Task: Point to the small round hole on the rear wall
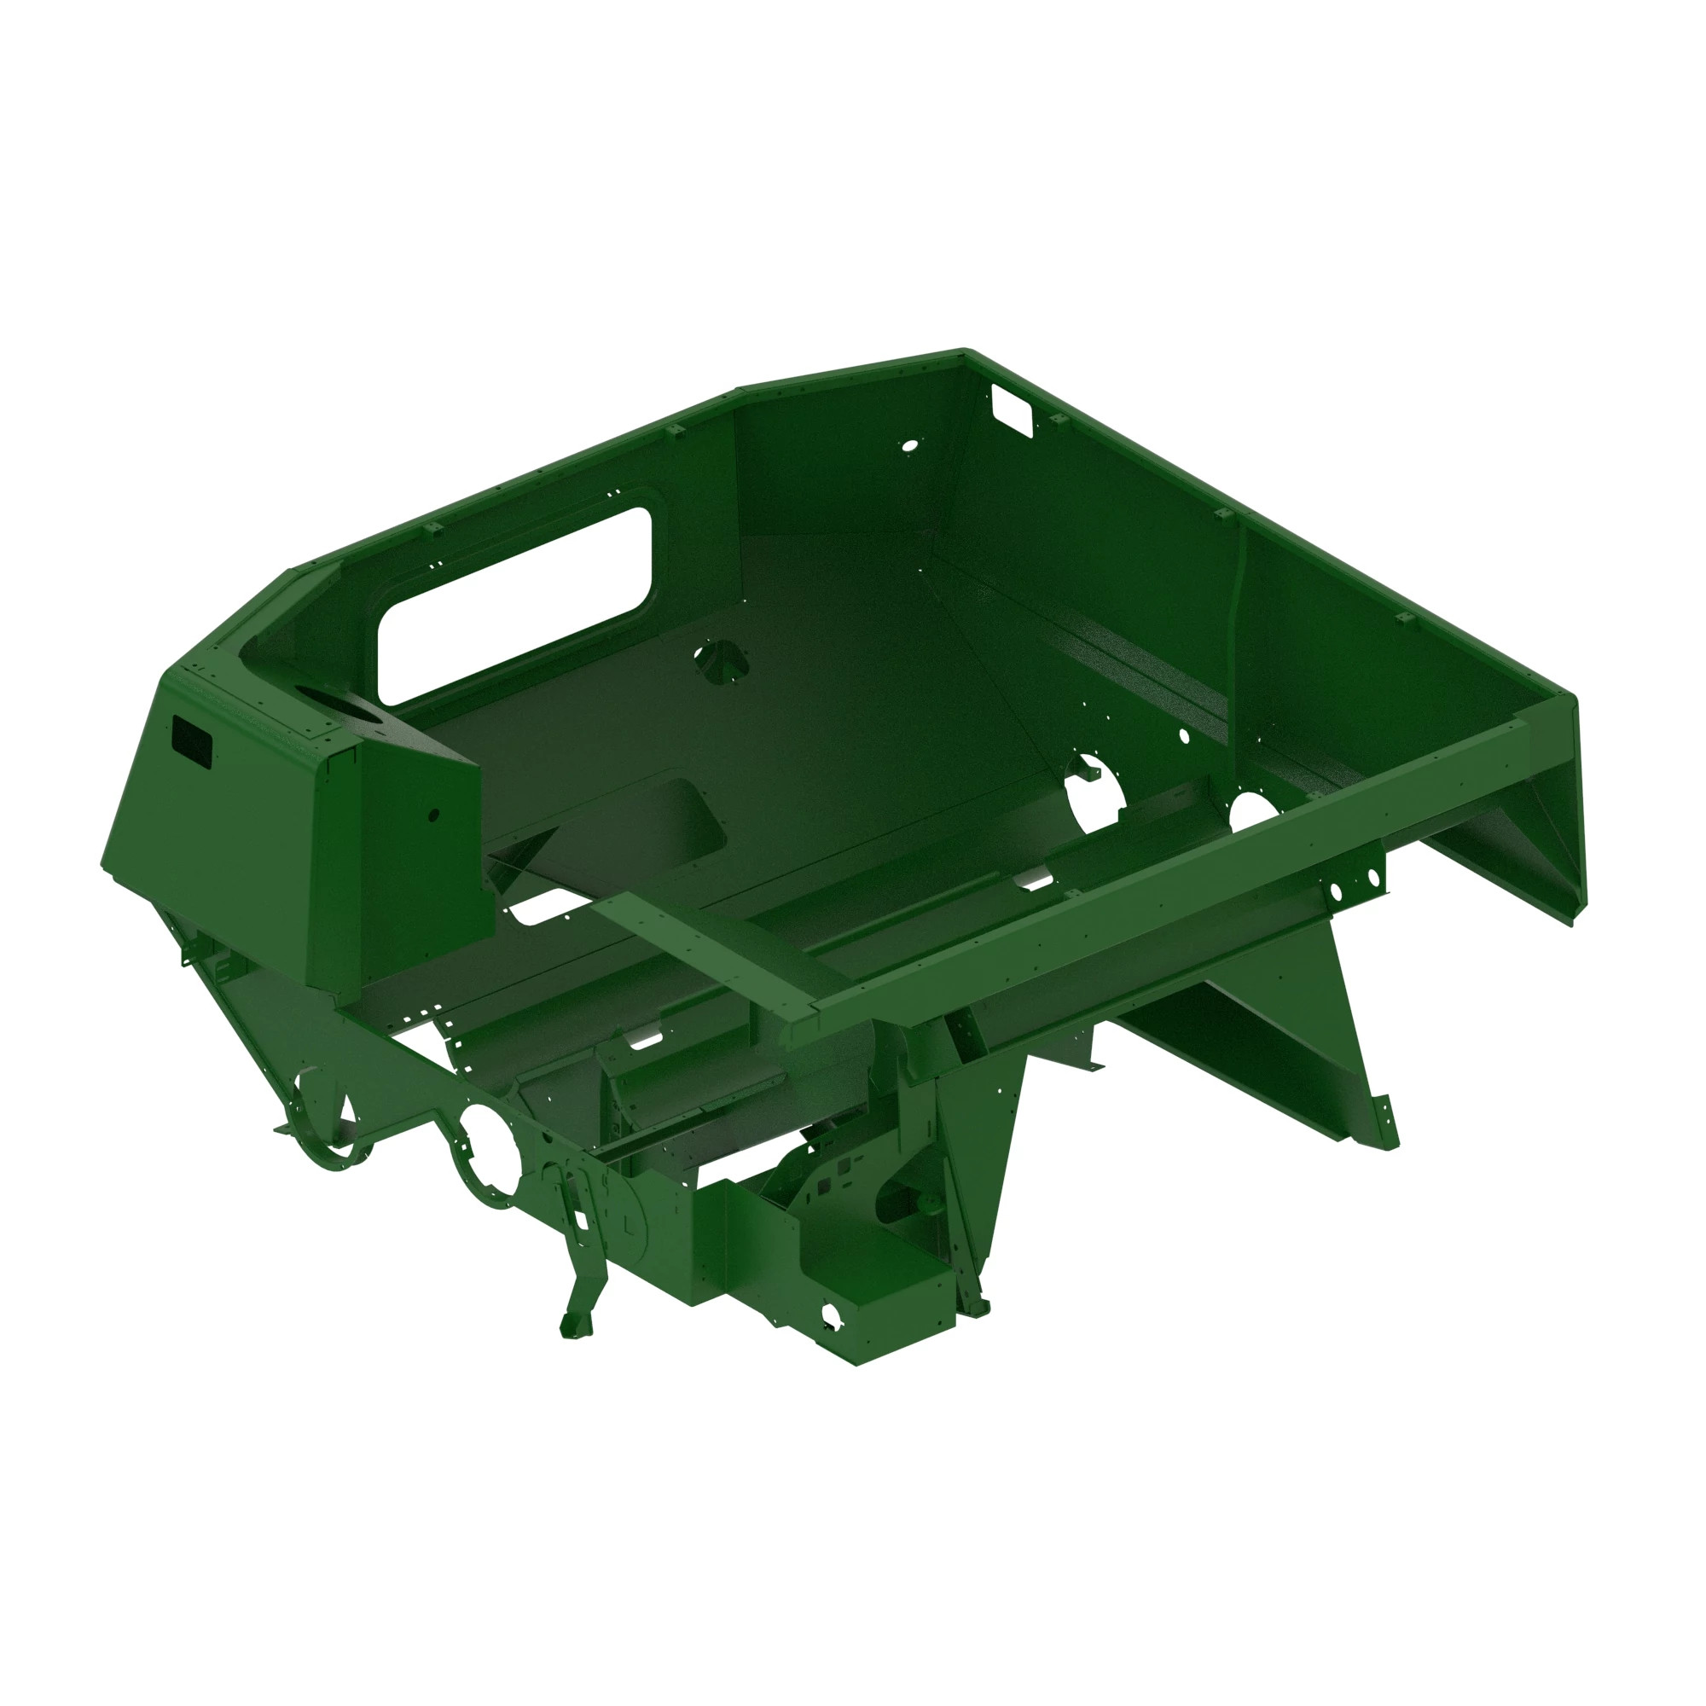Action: pyautogui.click(x=907, y=445)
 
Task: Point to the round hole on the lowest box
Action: pyautogui.click(x=830, y=1315)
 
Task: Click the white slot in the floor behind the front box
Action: pyautogui.click(x=544, y=904)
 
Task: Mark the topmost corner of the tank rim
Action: pyautogui.click(x=964, y=351)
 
